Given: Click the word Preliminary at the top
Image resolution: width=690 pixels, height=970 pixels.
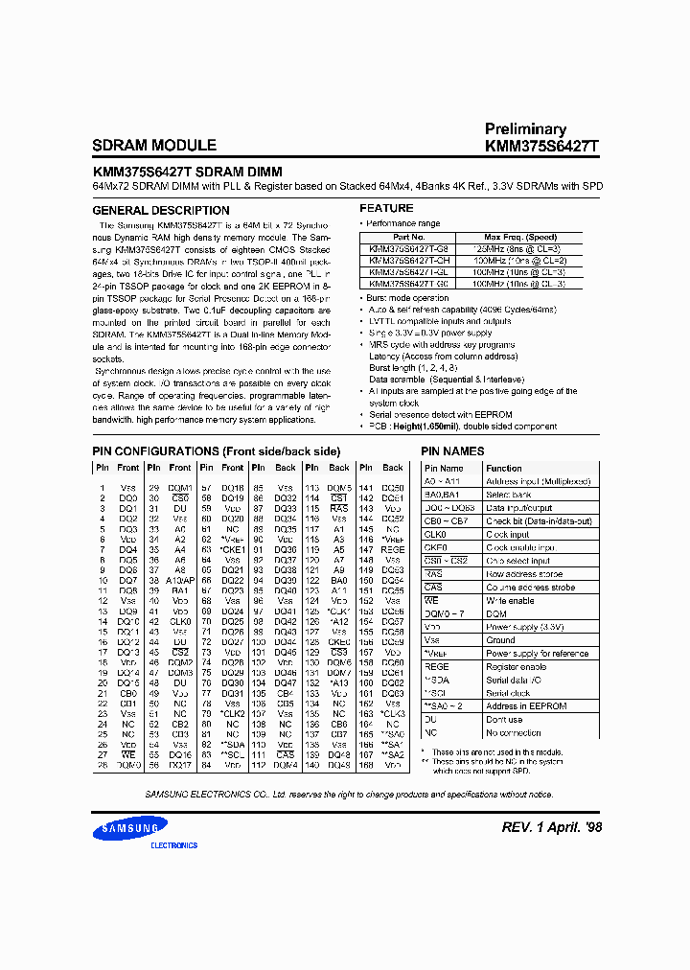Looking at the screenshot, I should tap(525, 128).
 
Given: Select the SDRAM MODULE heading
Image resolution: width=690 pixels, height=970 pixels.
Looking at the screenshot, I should tap(154, 146).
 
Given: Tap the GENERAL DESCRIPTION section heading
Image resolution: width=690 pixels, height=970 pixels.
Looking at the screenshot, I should tap(160, 210).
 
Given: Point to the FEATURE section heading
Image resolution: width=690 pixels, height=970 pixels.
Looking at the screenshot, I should tap(386, 208).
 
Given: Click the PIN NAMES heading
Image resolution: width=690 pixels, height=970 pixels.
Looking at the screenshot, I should tap(453, 450).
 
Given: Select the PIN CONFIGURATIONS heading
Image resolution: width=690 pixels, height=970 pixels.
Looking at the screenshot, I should tap(216, 450).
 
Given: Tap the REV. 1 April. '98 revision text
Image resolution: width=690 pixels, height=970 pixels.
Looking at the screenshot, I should tap(552, 827).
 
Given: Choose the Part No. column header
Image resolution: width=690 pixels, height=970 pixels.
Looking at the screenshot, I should tap(408, 237).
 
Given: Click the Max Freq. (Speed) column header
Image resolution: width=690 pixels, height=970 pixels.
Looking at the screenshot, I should tap(519, 237).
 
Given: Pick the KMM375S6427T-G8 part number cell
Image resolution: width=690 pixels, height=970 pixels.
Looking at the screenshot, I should tap(409, 248).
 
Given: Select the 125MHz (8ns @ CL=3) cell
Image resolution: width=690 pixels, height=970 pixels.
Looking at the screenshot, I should tap(519, 248).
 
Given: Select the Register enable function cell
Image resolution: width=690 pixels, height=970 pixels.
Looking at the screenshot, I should tap(517, 666).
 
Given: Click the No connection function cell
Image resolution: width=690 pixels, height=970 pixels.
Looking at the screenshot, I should tap(516, 732).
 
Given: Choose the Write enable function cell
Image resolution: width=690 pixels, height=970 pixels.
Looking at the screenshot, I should tap(510, 600).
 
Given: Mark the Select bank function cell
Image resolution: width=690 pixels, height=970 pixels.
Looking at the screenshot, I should tap(511, 494).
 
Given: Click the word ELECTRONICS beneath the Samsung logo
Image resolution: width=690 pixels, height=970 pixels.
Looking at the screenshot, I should tap(173, 845).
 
